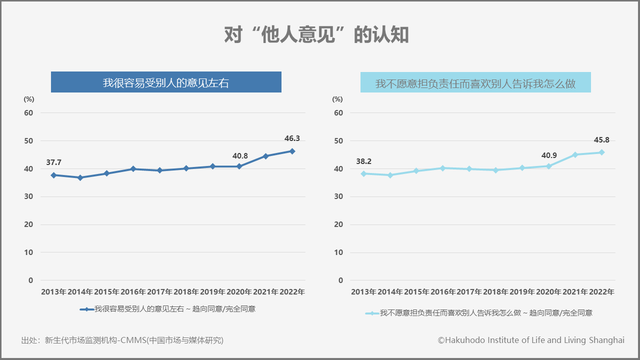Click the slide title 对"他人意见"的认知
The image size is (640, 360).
[x=316, y=35]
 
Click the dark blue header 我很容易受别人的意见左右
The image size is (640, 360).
[x=166, y=82]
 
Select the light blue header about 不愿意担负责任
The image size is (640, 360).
[x=475, y=83]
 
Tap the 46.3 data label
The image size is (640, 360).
[x=291, y=138]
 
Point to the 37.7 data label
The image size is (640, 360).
[x=53, y=162]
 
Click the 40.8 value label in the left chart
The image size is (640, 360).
[x=240, y=156]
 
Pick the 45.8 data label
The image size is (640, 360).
[x=601, y=140]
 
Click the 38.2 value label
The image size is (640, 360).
[x=363, y=161]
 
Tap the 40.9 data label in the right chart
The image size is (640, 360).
[x=549, y=155]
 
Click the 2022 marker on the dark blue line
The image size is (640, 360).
[x=292, y=151]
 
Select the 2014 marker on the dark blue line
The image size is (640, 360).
[x=80, y=177]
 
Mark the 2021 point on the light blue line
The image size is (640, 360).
[x=575, y=154]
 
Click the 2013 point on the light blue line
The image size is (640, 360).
[x=363, y=173]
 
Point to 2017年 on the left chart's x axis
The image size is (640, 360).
[x=160, y=292]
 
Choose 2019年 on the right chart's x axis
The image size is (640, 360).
[x=522, y=292]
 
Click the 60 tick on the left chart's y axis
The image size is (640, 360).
[x=29, y=113]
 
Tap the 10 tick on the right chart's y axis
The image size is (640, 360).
[x=338, y=252]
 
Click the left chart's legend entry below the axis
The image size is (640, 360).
[x=168, y=309]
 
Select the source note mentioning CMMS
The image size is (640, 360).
[x=122, y=340]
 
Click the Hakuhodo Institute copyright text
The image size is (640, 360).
[x=531, y=340]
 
